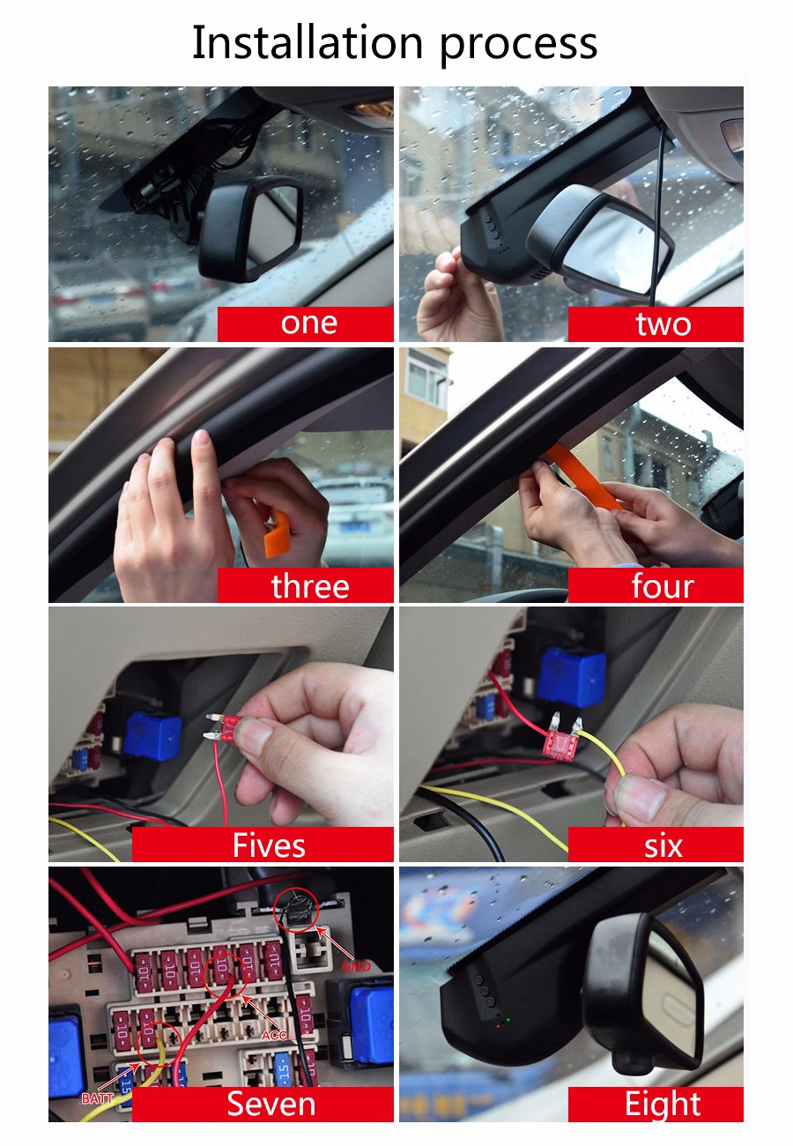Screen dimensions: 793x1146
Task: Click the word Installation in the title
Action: point(307,42)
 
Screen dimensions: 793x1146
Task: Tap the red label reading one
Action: point(305,324)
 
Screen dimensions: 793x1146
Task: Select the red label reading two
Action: point(656,324)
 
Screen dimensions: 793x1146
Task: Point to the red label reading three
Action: point(305,584)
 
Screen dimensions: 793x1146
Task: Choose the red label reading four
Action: point(656,584)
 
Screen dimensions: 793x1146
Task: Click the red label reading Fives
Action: point(263,845)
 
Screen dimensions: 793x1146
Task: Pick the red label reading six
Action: point(656,845)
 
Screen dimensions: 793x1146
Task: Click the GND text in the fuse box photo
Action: point(356,966)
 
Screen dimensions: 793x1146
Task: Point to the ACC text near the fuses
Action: point(274,1036)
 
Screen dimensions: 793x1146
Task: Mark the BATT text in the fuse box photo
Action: point(98,1098)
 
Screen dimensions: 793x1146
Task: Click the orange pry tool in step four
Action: point(584,477)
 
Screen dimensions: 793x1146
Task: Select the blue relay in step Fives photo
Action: point(152,735)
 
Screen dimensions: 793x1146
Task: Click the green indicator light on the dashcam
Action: point(508,1020)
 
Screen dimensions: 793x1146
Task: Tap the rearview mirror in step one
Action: point(250,228)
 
